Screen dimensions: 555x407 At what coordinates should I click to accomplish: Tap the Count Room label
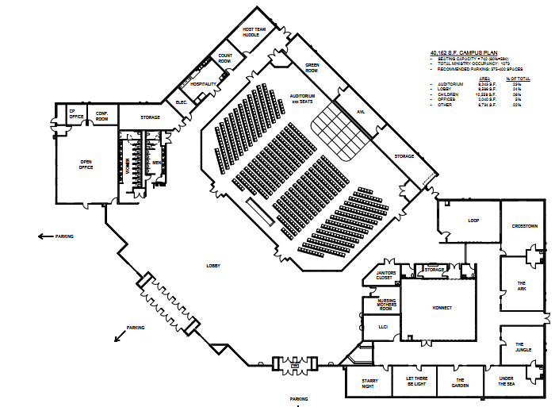[224, 59]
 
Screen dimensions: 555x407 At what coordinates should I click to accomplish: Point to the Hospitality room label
[204, 83]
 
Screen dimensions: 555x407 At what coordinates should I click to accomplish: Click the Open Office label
[86, 165]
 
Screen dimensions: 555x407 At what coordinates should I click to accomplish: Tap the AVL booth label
[359, 112]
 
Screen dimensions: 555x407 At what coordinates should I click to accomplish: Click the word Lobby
[212, 265]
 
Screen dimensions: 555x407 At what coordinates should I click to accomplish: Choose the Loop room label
[473, 220]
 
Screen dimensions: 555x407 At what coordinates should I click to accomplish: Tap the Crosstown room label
[525, 226]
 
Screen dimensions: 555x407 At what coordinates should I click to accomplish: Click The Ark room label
[522, 285]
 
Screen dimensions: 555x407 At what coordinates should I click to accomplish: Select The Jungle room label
[523, 347]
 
